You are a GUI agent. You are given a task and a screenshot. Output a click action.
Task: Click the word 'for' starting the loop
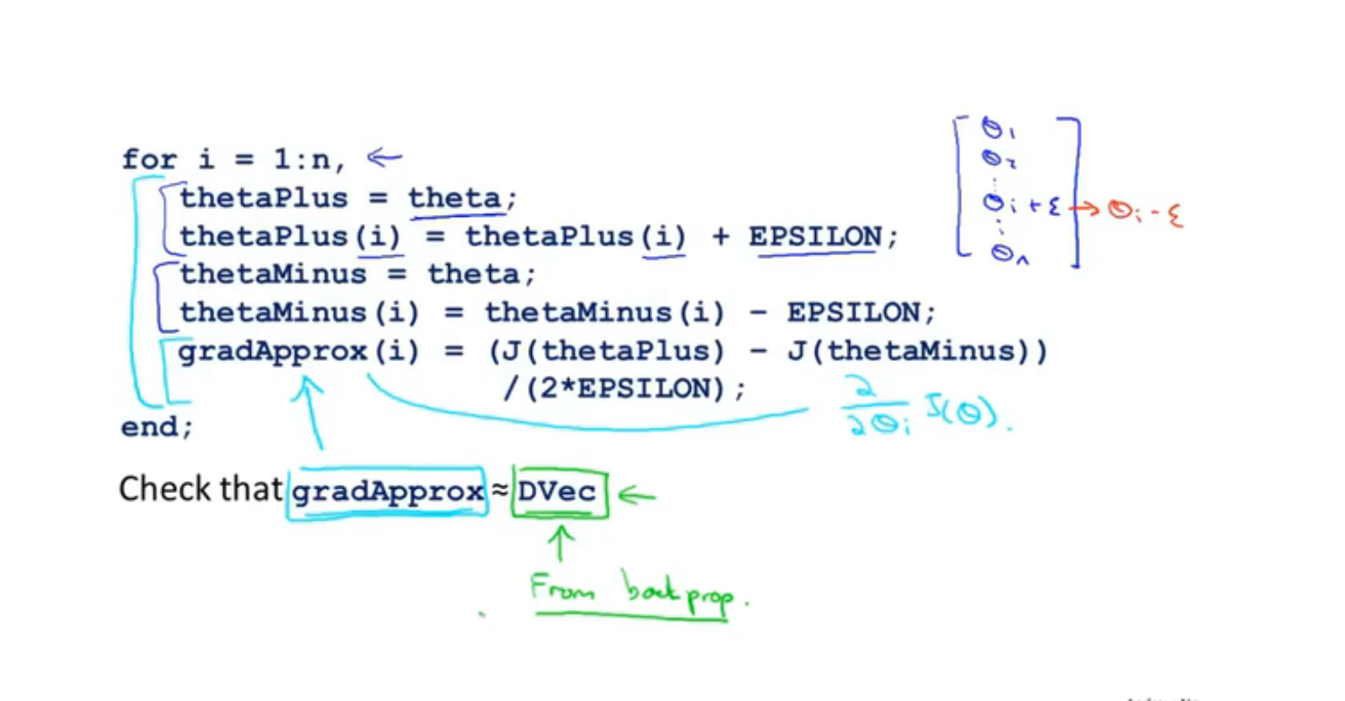coord(149,160)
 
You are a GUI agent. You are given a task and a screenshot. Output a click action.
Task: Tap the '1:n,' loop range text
coord(310,160)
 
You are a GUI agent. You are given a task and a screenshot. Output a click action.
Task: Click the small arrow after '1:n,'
coord(384,158)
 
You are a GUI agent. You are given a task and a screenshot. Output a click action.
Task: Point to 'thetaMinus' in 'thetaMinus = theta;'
coord(273,275)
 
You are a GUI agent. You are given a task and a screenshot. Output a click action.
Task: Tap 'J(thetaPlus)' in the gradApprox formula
coord(607,351)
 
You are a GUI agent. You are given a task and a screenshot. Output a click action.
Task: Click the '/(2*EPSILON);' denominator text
coord(624,389)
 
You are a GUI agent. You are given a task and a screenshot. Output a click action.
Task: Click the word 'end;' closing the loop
coord(157,427)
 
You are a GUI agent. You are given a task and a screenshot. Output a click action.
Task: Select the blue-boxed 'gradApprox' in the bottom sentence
coord(387,492)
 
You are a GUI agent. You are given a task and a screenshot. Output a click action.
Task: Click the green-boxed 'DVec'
coord(558,492)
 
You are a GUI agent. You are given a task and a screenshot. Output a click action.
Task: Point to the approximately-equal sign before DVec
coord(499,491)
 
